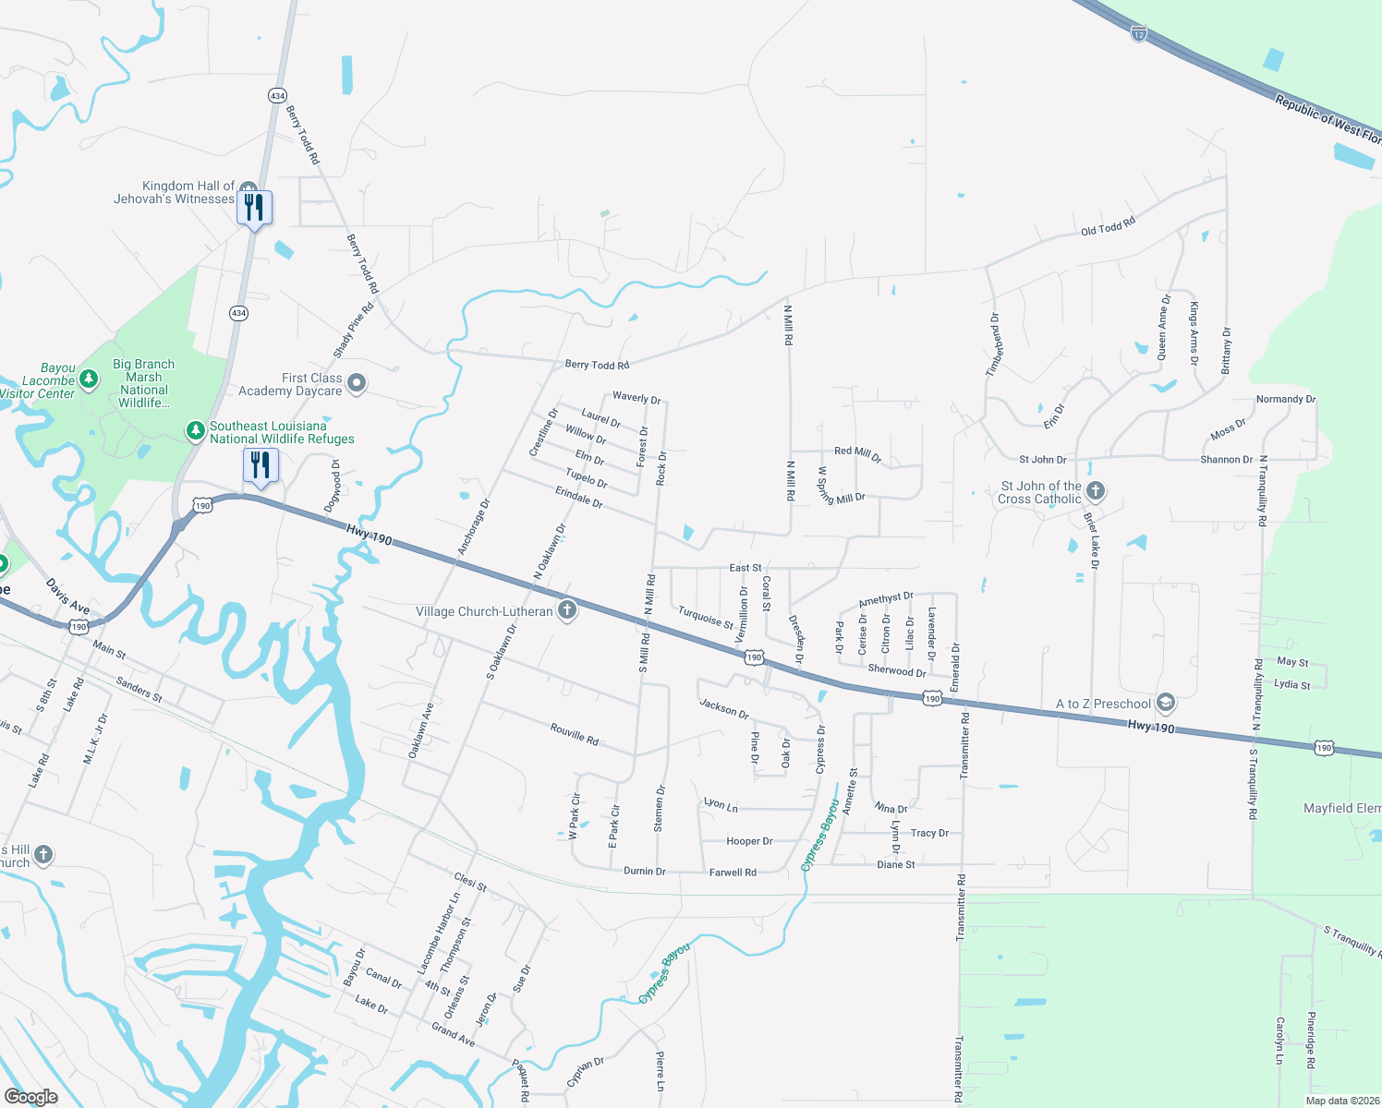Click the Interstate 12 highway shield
pyautogui.click(x=1138, y=34)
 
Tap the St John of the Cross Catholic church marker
pyautogui.click(x=1096, y=490)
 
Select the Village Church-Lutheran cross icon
pyautogui.click(x=567, y=610)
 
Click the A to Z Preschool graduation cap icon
pyautogui.click(x=1165, y=704)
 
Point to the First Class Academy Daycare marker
pyautogui.click(x=357, y=383)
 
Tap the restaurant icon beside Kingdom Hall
pyautogui.click(x=254, y=208)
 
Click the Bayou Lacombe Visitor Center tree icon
pyautogui.click(x=89, y=379)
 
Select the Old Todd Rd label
pyautogui.click(x=1108, y=226)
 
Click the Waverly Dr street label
pyautogui.click(x=636, y=398)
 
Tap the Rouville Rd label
pyautogui.click(x=575, y=734)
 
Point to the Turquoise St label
pyautogui.click(x=706, y=617)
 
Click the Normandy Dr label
pyautogui.click(x=1285, y=399)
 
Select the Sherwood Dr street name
pyautogui.click(x=896, y=670)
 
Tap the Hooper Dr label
pyautogui.click(x=749, y=841)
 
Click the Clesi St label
pyautogui.click(x=470, y=882)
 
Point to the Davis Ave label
pyautogui.click(x=67, y=596)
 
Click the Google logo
pyautogui.click(x=30, y=1096)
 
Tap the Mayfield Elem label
pyautogui.click(x=1341, y=808)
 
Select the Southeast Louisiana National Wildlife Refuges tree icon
pyautogui.click(x=195, y=430)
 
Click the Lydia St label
pyautogui.click(x=1291, y=684)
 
